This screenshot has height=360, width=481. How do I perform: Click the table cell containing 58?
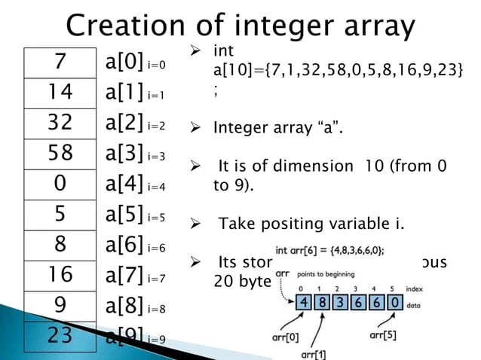click(60, 154)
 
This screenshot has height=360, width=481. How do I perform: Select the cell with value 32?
click(60, 124)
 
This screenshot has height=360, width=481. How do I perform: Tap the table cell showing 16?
click(60, 276)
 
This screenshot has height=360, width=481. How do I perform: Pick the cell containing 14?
click(60, 93)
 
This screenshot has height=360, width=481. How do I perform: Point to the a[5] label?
click(124, 215)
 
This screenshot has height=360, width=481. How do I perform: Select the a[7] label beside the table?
click(124, 276)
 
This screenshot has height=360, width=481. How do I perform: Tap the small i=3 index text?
click(157, 157)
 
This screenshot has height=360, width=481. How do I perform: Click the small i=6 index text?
click(157, 248)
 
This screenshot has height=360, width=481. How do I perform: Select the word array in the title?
click(374, 26)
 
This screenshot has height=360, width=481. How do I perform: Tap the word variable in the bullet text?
click(363, 223)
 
